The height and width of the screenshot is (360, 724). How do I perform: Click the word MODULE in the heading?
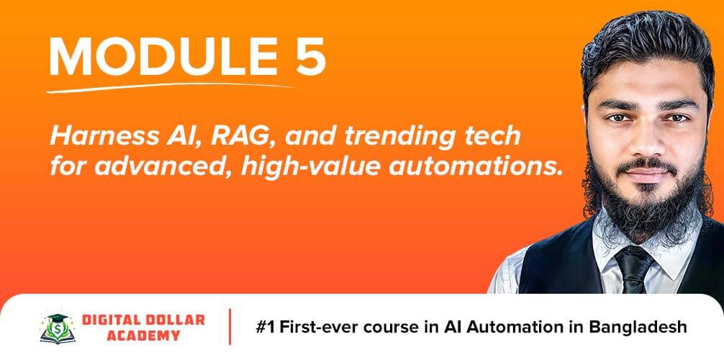pos(156,56)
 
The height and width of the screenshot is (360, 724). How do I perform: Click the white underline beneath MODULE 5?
pos(169,87)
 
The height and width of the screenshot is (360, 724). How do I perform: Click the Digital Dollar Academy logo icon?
pos(58,328)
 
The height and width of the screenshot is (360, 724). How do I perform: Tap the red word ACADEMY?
pos(143,336)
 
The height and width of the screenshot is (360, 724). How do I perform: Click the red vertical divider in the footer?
pos(230,327)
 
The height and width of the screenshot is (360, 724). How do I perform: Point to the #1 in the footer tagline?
pos(266,327)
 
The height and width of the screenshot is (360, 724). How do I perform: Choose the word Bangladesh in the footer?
pos(638,327)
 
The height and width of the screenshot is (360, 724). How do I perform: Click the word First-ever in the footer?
pos(319,327)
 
